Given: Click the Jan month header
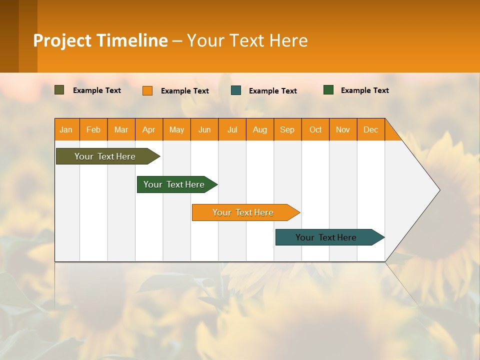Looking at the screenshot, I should point(66,130).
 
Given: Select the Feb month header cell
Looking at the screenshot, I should point(93,130).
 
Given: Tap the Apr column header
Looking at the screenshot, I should point(149,130).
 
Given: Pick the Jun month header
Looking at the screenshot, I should point(204,130).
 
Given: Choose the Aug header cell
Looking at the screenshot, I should point(260,130).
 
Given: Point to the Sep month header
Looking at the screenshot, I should point(287,130).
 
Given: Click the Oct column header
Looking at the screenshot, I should point(315,130).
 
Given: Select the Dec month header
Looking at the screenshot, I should point(371,130).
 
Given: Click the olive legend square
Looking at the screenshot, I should point(59,90).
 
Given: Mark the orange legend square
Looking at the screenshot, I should point(147,90).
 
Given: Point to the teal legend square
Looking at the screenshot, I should point(236,90).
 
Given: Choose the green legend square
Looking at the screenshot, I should point(328,90).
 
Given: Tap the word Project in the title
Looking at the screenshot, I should point(62,40).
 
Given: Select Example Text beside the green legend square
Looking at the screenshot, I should point(364,90).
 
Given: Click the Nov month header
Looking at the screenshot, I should point(343,130).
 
